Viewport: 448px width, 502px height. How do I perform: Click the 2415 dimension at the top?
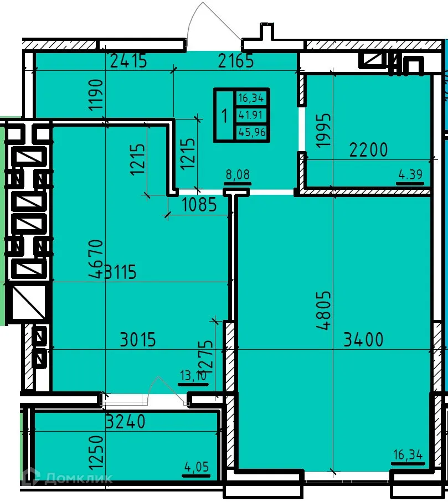(x=128, y=60)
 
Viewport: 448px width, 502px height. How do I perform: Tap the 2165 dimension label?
(x=236, y=60)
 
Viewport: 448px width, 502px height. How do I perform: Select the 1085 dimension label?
(x=199, y=206)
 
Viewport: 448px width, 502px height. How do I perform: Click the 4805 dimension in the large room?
(x=324, y=311)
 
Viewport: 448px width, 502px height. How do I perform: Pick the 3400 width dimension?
(x=363, y=339)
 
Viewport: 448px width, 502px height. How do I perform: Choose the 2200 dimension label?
(x=368, y=149)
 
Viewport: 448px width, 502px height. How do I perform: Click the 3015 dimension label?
(x=138, y=339)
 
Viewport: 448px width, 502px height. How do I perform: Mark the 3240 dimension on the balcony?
(x=126, y=422)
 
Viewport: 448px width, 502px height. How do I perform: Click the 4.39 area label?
(x=410, y=175)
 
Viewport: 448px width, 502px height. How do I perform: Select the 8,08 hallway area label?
(x=238, y=175)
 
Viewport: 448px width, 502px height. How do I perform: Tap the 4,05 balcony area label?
(x=197, y=468)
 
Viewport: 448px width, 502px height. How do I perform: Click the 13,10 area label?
(x=192, y=376)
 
